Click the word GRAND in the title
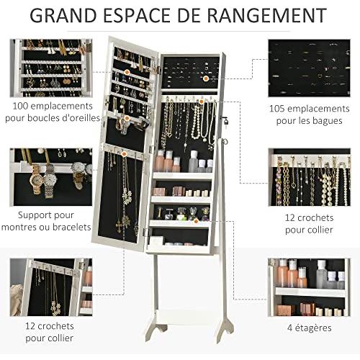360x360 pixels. [x=63, y=15]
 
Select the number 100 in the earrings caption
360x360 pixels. [x=21, y=106]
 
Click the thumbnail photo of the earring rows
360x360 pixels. [x=51, y=68]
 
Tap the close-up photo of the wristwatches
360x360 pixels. [x=51, y=177]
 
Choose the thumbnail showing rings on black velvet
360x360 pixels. [x=309, y=68]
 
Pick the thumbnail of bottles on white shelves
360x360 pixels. [x=309, y=287]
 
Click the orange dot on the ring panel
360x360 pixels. [x=206, y=78]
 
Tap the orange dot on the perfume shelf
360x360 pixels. [x=196, y=221]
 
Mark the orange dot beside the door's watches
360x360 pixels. [x=127, y=118]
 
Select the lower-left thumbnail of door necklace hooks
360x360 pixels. [x=51, y=287]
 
